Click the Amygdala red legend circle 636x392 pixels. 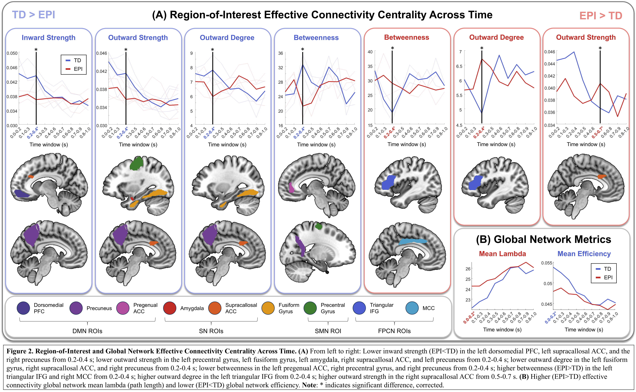[x=170, y=308]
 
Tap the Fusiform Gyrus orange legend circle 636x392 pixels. [x=268, y=308]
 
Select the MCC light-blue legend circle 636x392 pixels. [x=412, y=308]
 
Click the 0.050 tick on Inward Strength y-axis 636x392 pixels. [x=12, y=53]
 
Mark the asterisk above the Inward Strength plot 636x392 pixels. [x=36, y=49]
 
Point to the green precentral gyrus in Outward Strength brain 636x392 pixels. [x=136, y=163]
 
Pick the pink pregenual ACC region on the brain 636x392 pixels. [x=291, y=187]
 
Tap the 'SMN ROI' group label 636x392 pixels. [x=328, y=331]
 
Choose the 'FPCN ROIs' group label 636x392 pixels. [x=394, y=331]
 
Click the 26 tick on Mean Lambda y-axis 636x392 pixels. [x=468, y=269]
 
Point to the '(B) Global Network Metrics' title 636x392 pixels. [x=543, y=239]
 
